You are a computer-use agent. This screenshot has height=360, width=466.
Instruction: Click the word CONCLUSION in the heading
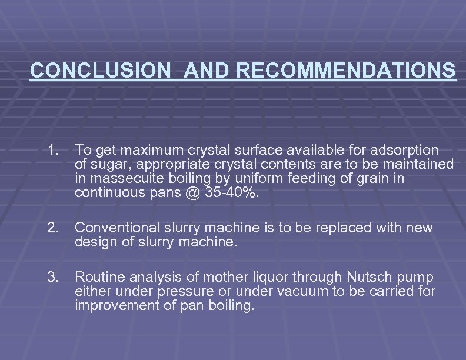coord(99,70)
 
